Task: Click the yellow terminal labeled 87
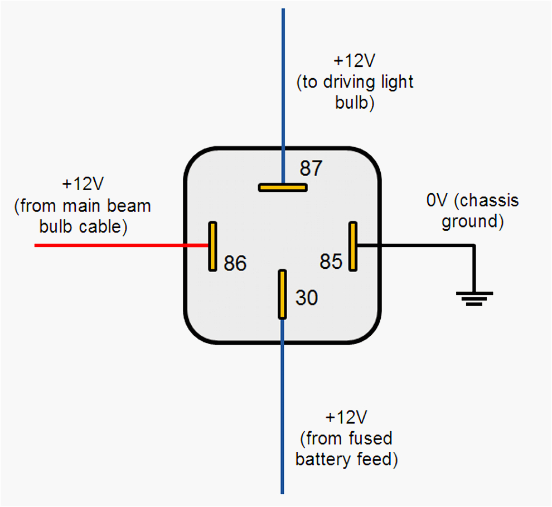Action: click(x=283, y=187)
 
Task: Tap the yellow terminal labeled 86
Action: click(x=212, y=246)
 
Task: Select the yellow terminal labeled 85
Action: click(x=352, y=246)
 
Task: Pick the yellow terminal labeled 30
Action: click(x=283, y=294)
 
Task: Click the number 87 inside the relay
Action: click(x=311, y=168)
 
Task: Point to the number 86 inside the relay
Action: click(x=235, y=263)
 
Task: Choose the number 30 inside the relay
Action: click(x=306, y=298)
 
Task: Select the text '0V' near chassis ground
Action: click(x=438, y=201)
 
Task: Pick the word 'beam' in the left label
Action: click(x=130, y=206)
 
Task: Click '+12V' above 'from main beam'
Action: click(x=84, y=184)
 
